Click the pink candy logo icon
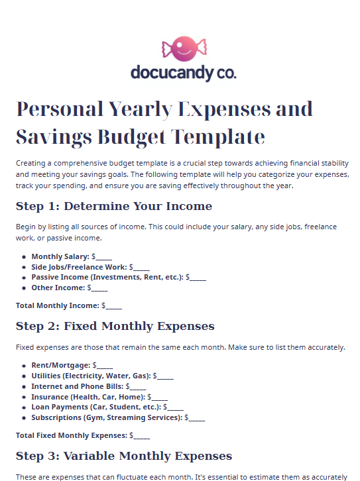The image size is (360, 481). tap(184, 48)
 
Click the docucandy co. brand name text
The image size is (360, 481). tap(183, 72)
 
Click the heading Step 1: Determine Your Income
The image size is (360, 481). tap(114, 206)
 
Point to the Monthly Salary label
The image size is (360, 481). tap(60, 256)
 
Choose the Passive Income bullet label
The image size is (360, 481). tap(107, 278)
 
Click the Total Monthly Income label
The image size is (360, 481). tap(57, 306)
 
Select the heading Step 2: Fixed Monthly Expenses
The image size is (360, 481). tap(115, 327)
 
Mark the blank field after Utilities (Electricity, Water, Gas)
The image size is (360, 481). tap(164, 376)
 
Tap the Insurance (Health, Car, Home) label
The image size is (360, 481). tap(88, 397)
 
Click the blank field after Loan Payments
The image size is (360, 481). tap(175, 407)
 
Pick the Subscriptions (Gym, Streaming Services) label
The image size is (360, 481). tap(106, 418)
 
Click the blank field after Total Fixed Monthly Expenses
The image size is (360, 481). tap(141, 436)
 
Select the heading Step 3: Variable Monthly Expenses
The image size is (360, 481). tap(124, 456)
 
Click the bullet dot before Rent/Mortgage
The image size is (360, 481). tap(24, 366)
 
